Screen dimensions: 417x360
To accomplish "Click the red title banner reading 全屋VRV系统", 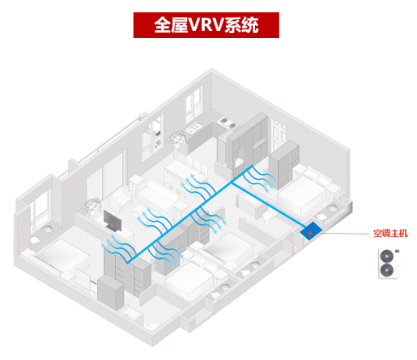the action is point(206,25).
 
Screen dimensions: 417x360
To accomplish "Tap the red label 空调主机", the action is point(390,233).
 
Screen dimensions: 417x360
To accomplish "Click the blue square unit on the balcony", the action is point(311,231).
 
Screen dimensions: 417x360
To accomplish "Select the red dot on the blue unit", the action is point(310,233).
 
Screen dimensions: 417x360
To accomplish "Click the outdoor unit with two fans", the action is point(389,264).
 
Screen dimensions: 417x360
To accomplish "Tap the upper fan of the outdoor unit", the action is point(386,256).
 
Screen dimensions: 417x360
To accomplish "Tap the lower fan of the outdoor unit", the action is point(386,270).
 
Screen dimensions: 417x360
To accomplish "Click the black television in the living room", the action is point(113,222).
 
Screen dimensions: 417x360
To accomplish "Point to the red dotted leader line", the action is point(341,233).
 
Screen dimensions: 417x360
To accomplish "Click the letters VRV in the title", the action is point(206,25).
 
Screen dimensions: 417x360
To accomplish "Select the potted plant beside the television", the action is point(91,208).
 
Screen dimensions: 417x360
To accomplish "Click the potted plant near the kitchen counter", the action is point(177,143).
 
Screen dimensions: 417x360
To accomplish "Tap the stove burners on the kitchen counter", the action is point(228,123).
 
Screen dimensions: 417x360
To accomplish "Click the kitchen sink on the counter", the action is point(193,128).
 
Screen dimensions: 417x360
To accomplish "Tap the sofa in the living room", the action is point(155,195).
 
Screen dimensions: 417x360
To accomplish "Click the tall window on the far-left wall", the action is point(41,209).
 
